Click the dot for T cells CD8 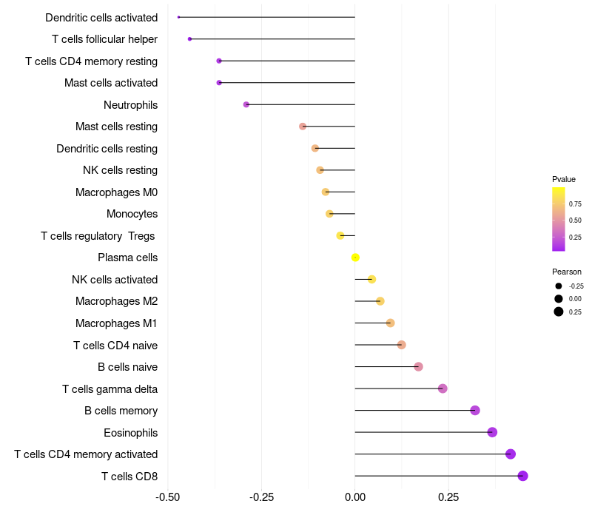[522, 476]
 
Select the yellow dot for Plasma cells [355, 258]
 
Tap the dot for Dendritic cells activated [179, 17]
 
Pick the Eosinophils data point [492, 432]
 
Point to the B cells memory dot [475, 411]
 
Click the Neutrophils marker [246, 104]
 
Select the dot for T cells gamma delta [443, 388]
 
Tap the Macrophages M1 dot [390, 323]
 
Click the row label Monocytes [132, 214]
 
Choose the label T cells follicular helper [104, 39]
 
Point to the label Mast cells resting [116, 127]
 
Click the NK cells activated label [115, 280]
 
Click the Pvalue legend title [563, 179]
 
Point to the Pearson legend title [566, 272]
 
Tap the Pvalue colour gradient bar [558, 219]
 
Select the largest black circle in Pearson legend [558, 312]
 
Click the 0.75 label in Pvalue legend [575, 203]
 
